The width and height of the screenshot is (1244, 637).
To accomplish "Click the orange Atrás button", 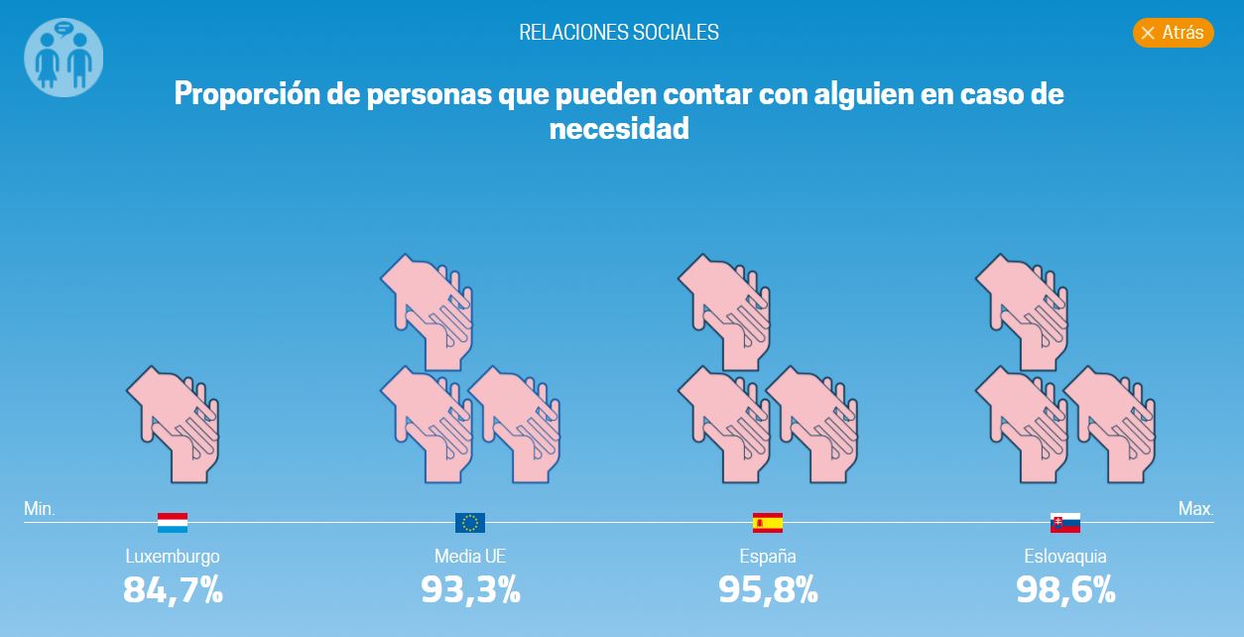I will [x=1173, y=33].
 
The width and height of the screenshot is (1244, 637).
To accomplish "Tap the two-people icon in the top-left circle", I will [x=63, y=58].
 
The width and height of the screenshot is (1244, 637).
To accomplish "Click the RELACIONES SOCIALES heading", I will [x=619, y=32].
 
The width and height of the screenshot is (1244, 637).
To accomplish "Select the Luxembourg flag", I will [x=173, y=523].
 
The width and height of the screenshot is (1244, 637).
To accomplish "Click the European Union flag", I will [x=470, y=523].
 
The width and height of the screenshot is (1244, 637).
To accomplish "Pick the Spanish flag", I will [x=768, y=523].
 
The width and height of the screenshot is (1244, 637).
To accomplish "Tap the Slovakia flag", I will [x=1065, y=523].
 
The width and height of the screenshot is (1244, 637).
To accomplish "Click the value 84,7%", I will [x=173, y=590].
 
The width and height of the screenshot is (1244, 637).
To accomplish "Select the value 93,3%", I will [x=470, y=590].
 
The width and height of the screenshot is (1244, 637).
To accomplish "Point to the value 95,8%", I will [x=768, y=590].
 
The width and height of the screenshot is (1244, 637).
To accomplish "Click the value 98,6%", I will [x=1065, y=590].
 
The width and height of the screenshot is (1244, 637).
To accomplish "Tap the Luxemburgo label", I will [x=173, y=557].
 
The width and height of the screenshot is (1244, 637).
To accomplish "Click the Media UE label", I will [x=470, y=557].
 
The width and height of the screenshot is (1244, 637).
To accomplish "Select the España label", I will [x=768, y=557].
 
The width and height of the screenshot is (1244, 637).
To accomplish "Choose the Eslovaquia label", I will [x=1065, y=557].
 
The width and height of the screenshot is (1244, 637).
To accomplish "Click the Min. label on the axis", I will [x=40, y=509].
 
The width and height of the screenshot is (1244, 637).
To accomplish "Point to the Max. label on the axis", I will [x=1195, y=509].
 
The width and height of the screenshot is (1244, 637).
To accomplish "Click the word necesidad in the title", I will [x=619, y=128].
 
